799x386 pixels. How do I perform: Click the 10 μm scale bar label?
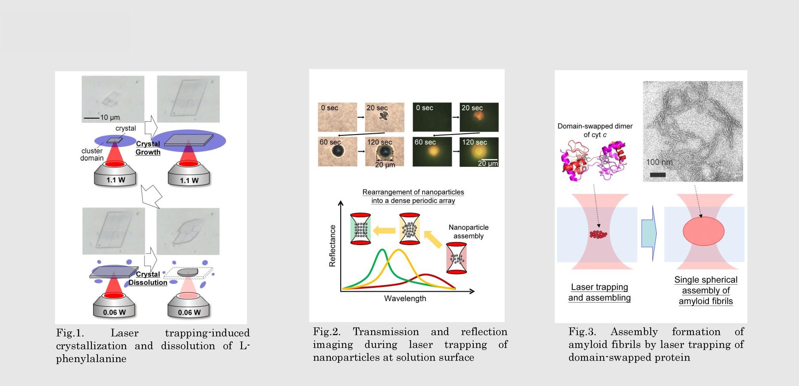[x=110, y=117]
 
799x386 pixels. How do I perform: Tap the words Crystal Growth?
[x=148, y=148]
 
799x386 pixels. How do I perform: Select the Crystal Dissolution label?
[x=148, y=278]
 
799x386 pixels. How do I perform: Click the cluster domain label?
[x=92, y=154]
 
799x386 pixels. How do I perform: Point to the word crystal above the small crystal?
[x=126, y=128]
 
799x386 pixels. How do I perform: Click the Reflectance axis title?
[x=332, y=246]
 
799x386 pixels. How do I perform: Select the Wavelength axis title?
[x=405, y=298]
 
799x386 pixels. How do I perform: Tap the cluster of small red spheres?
[x=598, y=234]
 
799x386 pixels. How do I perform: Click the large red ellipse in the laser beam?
[x=704, y=231]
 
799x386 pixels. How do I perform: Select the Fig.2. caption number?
[x=326, y=332]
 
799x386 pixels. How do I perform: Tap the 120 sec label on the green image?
[x=475, y=142]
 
